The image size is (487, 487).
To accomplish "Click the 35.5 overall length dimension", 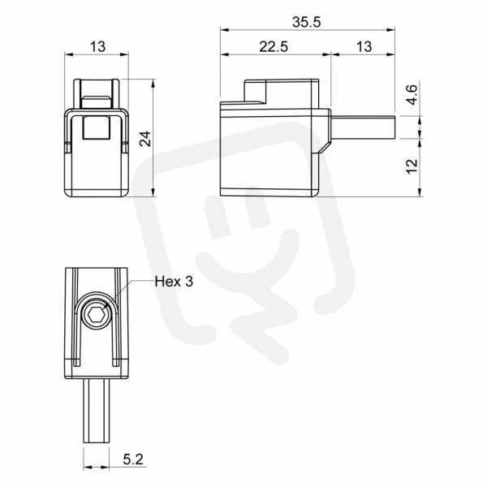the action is tap(306, 23).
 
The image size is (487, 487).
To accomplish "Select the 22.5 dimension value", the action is tap(274, 47).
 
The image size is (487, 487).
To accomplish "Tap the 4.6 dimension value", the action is tap(412, 95).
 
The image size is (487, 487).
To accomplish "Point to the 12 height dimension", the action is tap(412, 166).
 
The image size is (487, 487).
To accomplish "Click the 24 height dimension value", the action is tap(145, 139).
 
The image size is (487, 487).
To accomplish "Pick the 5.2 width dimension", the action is tap(133, 459).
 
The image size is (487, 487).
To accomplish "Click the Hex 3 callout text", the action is tap(174, 282).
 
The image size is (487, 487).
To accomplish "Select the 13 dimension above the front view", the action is tap(98, 47).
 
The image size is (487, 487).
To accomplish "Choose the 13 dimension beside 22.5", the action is tap(364, 47).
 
